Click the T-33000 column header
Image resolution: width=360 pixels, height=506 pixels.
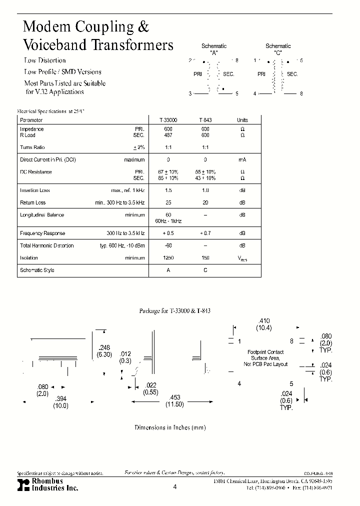(168, 120)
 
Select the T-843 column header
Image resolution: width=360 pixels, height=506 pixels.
(205, 120)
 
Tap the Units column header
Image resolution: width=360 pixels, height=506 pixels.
(242, 120)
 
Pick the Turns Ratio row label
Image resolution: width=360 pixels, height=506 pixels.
(33, 147)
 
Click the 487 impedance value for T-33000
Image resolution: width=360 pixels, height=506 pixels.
(168, 135)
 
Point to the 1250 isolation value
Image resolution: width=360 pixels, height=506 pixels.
(168, 258)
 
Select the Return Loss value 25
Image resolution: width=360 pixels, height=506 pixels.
(168, 202)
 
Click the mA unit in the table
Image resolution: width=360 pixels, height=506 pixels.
(242, 160)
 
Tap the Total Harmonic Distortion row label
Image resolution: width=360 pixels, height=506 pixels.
(46, 246)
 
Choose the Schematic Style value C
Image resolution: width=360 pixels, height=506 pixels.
(205, 270)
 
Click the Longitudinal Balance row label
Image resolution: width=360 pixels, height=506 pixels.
(42, 215)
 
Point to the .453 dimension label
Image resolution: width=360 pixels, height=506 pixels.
(175, 397)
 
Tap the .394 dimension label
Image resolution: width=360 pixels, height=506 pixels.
(60, 398)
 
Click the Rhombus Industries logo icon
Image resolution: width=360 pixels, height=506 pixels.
(23, 484)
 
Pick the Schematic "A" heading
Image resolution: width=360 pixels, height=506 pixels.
(214, 48)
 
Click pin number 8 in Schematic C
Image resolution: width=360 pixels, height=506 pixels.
(301, 93)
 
